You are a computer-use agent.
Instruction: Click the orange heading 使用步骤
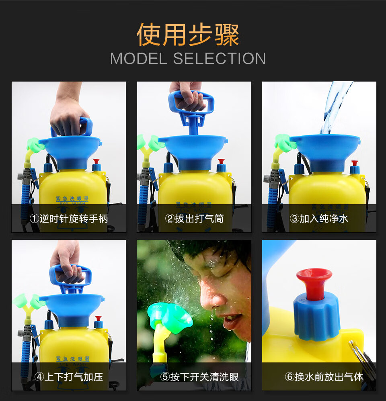click(x=188, y=35)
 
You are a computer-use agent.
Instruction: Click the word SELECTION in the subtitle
click(x=220, y=59)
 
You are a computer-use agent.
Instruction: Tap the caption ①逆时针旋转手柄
click(x=69, y=219)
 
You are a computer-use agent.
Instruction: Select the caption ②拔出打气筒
click(x=194, y=219)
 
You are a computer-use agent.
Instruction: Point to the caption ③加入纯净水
click(x=319, y=219)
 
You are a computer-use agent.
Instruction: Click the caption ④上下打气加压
click(x=69, y=377)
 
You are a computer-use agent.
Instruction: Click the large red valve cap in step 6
click(x=314, y=281)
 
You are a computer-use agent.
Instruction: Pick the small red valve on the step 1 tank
click(x=96, y=164)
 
